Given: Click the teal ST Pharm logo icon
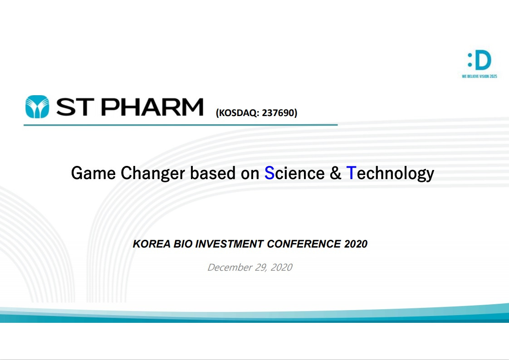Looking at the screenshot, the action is point(37,107).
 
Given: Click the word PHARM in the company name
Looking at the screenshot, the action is point(152,107).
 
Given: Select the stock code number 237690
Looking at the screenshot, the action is point(278,113).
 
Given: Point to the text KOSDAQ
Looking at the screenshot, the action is point(238,113).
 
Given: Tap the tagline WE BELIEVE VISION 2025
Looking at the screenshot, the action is point(480,77).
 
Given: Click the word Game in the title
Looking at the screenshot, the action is point(93,173).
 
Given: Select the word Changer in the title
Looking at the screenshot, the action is point(152,174).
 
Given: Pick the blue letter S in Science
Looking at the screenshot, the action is point(269,173).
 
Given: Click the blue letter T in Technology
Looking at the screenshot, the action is point(351,173).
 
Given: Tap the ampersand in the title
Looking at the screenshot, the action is point(335,173).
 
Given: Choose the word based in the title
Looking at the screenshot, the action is point(213,173).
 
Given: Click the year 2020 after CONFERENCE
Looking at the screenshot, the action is point(356,244).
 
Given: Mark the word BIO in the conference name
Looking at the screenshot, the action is point(183,244).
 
